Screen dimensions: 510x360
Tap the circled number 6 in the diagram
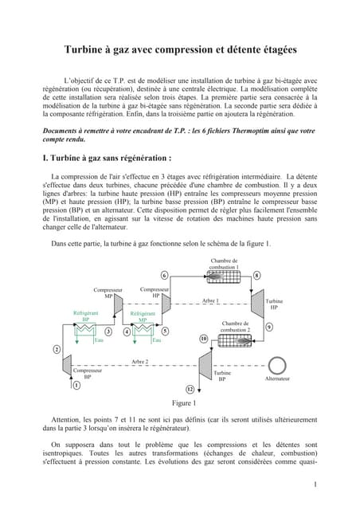pyautogui.click(x=164, y=298)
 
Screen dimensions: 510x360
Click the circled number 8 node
pyautogui.click(x=256, y=297)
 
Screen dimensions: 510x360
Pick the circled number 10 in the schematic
pyautogui.click(x=203, y=338)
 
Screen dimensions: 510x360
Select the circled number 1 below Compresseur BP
pyautogui.click(x=76, y=384)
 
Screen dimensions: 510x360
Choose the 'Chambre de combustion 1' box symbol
pyautogui.click(x=224, y=298)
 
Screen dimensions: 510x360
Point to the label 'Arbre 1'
pyautogui.click(x=210, y=323)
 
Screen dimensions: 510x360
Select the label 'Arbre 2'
pyautogui.click(x=140, y=362)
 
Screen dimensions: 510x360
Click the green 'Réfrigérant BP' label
pyautogui.click(x=85, y=316)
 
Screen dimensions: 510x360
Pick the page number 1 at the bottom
pyautogui.click(x=315, y=484)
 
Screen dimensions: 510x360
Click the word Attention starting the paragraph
pyautogui.click(x=65, y=418)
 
